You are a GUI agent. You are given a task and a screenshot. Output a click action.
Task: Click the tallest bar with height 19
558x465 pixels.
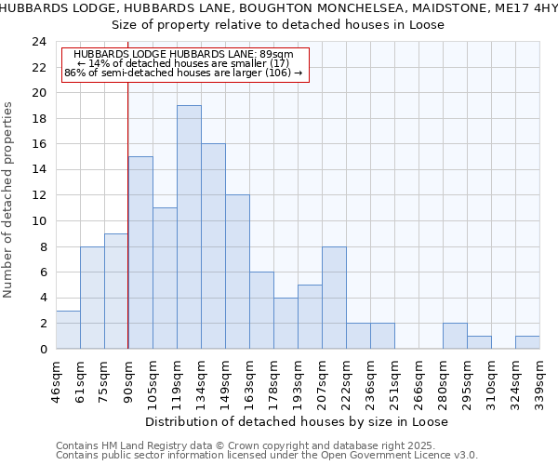pos(189,227)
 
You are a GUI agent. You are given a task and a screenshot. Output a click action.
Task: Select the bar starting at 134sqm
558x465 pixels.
pos(213,246)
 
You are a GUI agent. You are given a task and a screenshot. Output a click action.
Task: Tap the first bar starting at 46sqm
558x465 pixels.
pos(68,329)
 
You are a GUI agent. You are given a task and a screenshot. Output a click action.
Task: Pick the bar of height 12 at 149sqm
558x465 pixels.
pos(237,272)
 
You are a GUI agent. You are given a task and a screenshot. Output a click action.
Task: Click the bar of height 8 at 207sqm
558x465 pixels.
pos(334,298)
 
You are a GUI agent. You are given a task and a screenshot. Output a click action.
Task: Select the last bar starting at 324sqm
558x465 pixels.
pos(527,342)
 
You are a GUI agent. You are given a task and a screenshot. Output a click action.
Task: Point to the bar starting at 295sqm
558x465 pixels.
pos(479,342)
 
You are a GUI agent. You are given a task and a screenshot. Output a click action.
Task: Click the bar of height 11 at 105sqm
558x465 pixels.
pos(165,278)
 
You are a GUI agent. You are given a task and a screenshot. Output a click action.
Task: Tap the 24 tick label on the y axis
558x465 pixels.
pos(39,42)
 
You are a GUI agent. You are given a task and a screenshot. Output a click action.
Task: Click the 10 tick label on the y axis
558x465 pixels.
pos(39,221)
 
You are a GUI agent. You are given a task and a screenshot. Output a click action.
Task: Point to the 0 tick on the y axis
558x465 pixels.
pos(43,350)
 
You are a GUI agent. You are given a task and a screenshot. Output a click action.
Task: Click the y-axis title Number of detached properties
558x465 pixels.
pos(9,200)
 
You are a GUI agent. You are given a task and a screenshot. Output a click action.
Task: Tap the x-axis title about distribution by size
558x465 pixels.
pos(297,421)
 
